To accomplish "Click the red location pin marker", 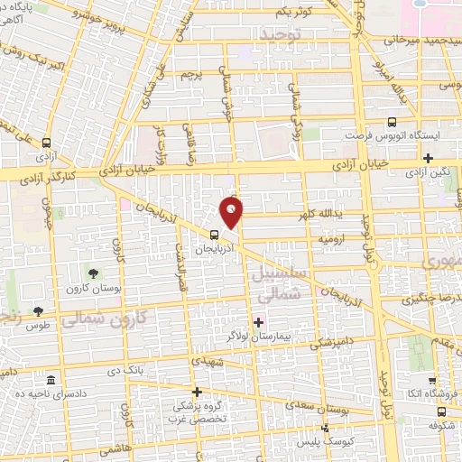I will [233, 213].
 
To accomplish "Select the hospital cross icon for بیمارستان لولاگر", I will [258, 322].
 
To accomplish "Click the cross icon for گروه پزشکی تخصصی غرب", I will [197, 392].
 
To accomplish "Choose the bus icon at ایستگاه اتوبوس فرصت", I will [391, 124].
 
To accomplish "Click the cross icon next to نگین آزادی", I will [439, 158].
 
